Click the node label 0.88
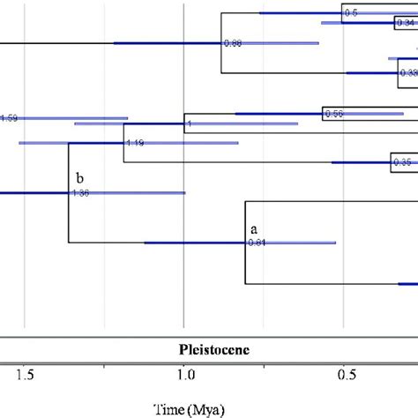233,43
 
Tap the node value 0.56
333,114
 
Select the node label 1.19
135,143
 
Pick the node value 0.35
403,162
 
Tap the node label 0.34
405,23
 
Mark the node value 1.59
9,117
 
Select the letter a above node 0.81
252,228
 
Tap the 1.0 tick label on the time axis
183,376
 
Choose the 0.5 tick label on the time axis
343,376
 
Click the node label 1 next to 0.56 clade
189,124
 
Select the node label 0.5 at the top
351,13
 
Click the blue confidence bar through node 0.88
168,43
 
